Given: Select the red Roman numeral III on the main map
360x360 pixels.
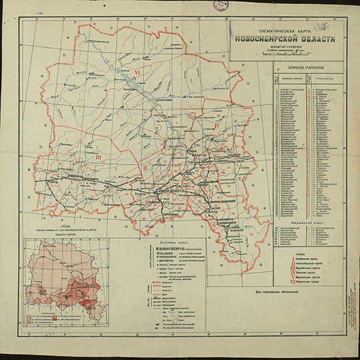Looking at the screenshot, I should (x=98, y=157).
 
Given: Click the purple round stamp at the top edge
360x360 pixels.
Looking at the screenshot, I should (x=221, y=5).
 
